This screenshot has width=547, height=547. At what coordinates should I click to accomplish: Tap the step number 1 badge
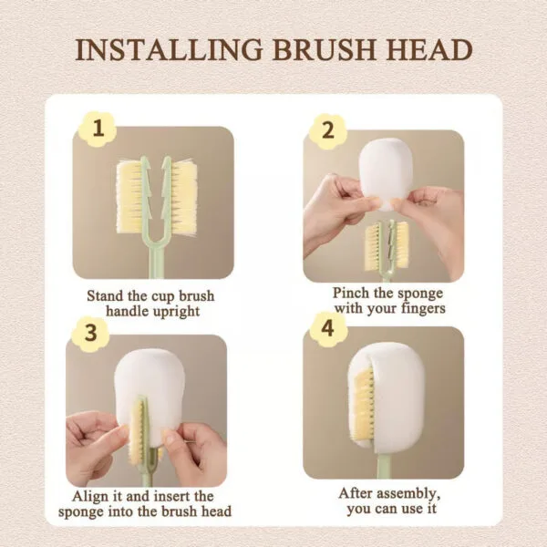[98, 130]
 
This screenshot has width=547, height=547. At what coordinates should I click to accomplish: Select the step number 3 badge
[89, 334]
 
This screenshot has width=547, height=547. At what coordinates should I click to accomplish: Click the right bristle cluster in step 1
[182, 197]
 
